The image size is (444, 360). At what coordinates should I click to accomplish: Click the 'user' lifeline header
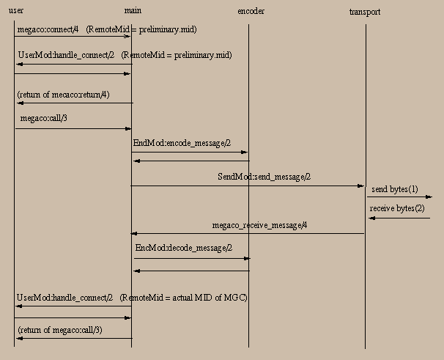(15, 11)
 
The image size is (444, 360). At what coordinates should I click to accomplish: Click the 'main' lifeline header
(132, 11)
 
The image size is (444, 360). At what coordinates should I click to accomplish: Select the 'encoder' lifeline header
(251, 12)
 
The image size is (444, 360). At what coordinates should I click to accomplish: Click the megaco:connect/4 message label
(47, 29)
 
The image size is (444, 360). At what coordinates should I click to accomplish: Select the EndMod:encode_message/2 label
(182, 143)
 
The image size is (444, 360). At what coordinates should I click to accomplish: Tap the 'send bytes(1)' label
(394, 189)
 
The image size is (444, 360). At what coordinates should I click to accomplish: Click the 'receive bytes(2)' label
(397, 208)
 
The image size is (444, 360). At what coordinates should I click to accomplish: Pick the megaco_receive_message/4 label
(259, 225)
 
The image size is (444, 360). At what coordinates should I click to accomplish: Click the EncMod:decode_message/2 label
(184, 248)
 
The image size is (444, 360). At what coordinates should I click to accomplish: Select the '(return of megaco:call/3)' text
(60, 330)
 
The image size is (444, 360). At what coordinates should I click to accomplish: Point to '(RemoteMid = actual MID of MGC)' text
(184, 297)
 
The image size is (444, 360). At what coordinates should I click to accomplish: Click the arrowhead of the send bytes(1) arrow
(429, 196)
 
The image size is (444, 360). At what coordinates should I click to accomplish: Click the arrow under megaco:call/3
(73, 128)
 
